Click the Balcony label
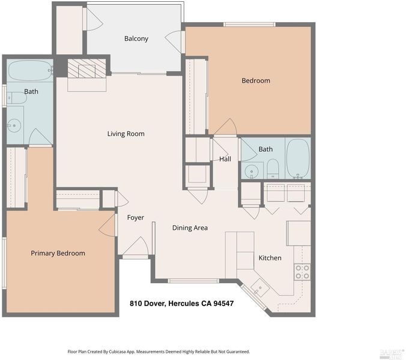tap(136, 38)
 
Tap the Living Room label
tap(126, 134)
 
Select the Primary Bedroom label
tap(58, 253)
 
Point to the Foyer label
tap(135, 217)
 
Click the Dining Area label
tap(190, 228)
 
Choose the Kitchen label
tap(270, 258)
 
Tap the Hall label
tap(225, 159)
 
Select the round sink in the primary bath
tap(14, 125)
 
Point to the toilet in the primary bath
tap(17, 98)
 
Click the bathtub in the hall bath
tap(298, 158)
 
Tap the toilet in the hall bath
tap(273, 169)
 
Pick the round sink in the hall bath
tap(251, 171)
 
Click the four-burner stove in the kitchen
tap(302, 272)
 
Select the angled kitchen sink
tap(260, 288)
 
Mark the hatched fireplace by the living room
tap(86, 68)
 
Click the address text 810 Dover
tap(148, 304)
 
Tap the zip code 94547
tap(223, 304)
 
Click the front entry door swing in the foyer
tap(136, 245)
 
